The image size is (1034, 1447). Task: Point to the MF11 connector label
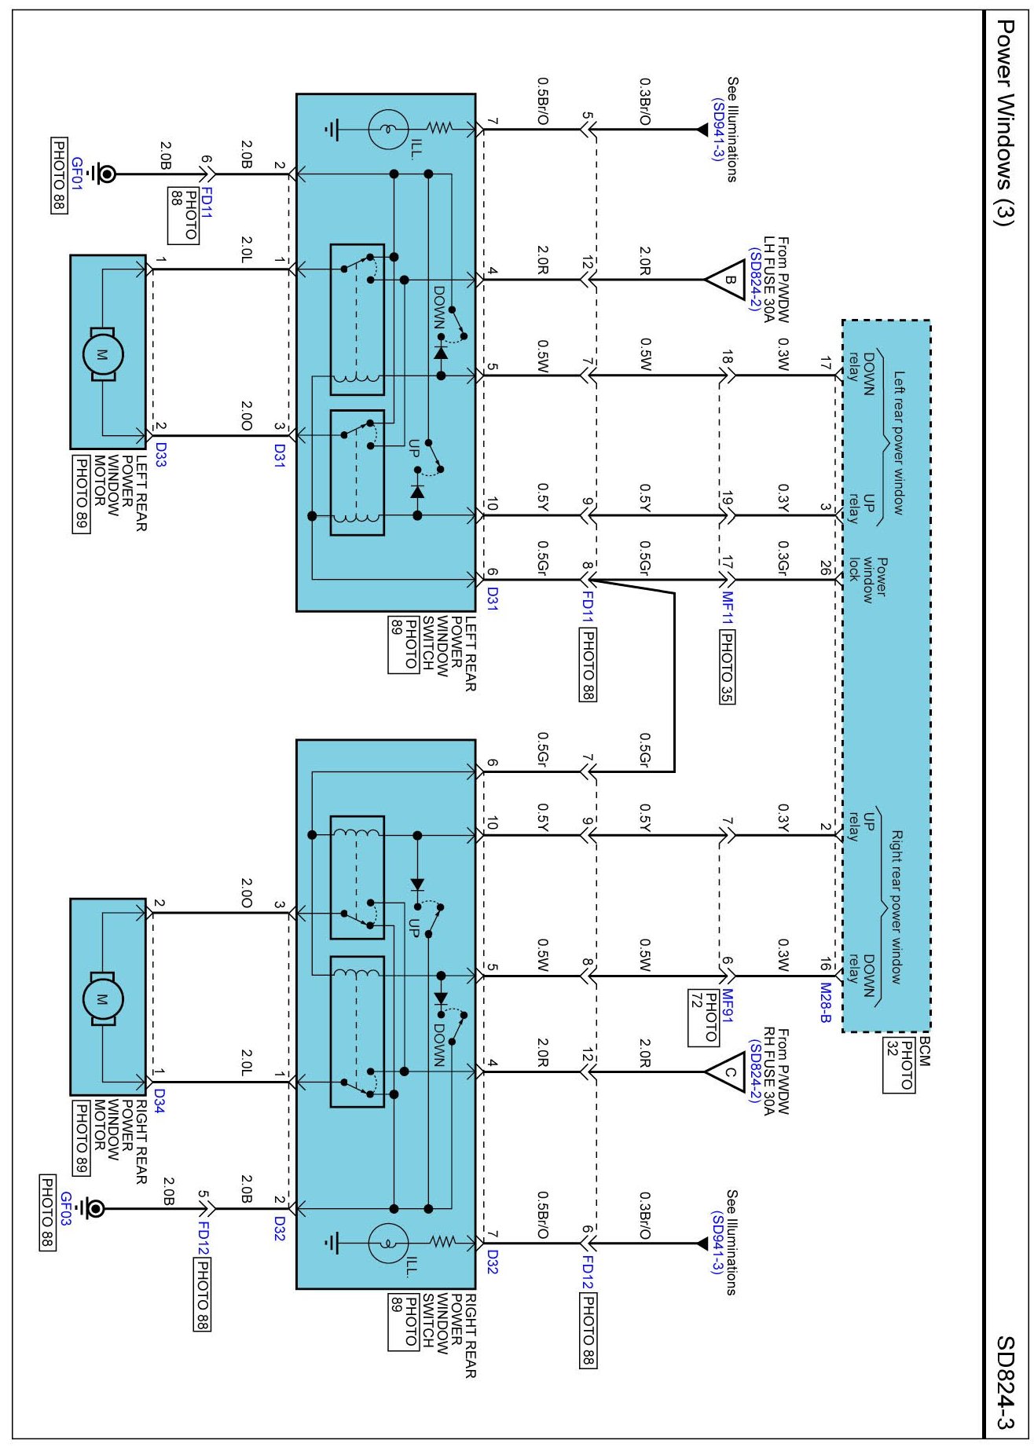pos(727,608)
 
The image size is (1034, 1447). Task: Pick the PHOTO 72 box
pos(703,1018)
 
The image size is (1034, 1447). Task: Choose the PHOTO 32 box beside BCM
pos(899,1064)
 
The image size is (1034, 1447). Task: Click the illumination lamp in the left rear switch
pos(387,129)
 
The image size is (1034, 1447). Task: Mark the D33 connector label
pos(159,454)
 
